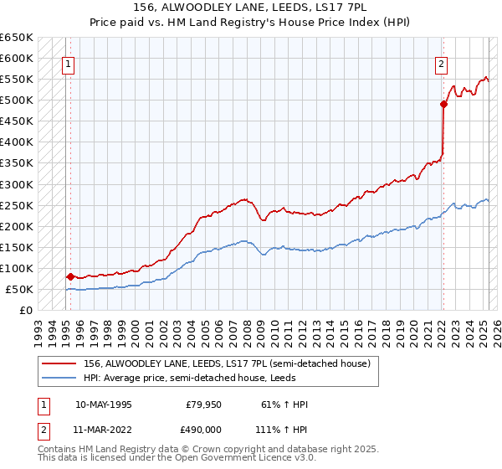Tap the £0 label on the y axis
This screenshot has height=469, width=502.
point(26,310)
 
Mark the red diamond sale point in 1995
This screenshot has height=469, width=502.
point(70,276)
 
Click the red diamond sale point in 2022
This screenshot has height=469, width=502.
point(443,104)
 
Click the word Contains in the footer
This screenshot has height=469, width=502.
point(58,450)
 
